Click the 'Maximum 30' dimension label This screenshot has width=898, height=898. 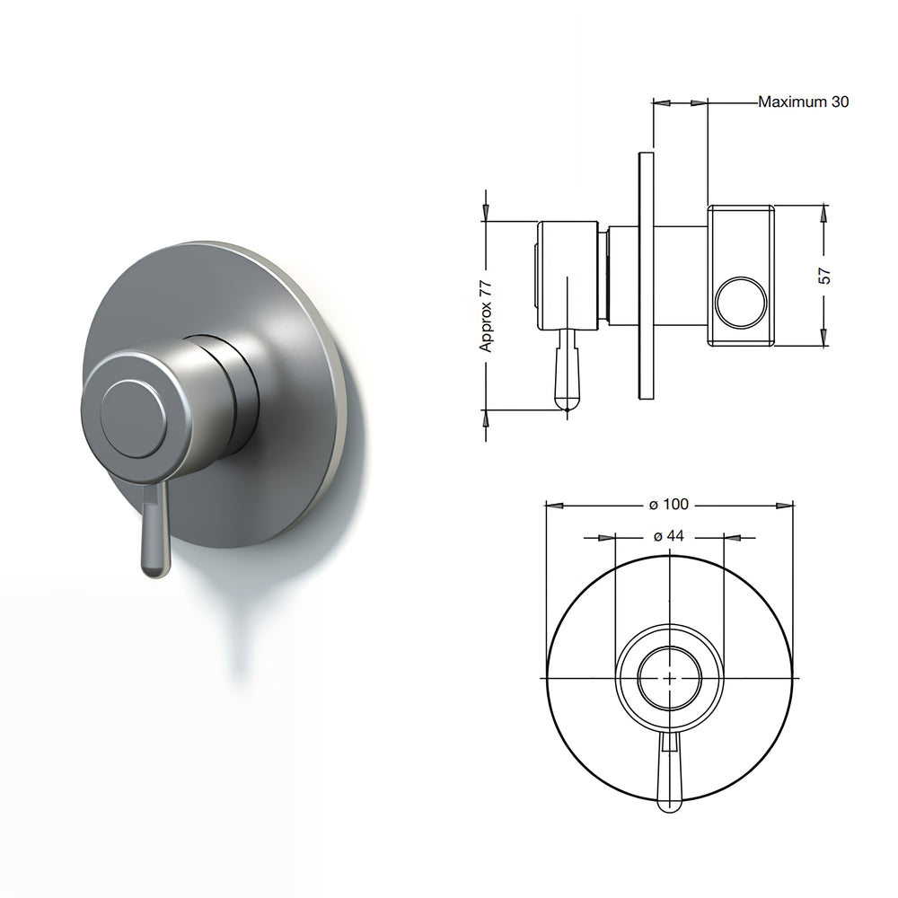click(803, 101)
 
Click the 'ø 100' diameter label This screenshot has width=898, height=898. click(669, 505)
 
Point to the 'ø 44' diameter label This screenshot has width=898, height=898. click(669, 536)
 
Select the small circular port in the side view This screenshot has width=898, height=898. click(740, 303)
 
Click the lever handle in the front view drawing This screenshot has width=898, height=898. click(669, 772)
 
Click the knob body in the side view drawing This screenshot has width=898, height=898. click(568, 274)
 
